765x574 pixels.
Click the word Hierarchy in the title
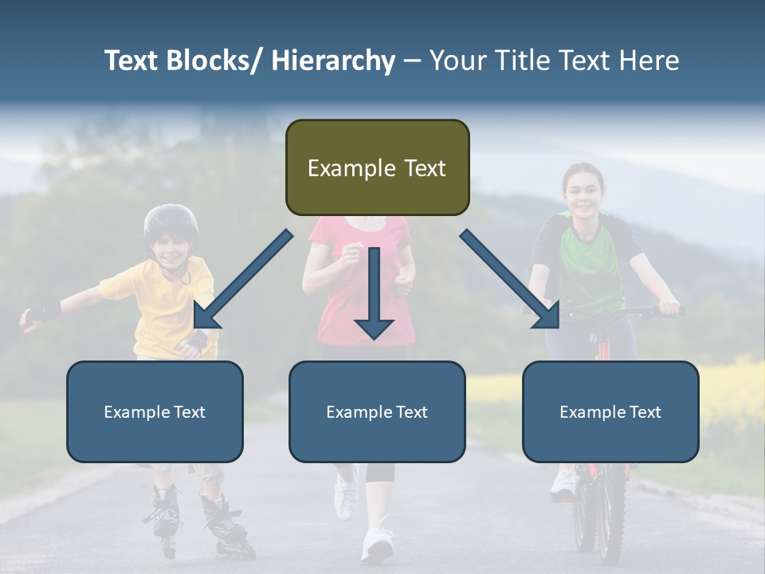click(x=333, y=61)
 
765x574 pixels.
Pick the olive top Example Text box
click(x=377, y=167)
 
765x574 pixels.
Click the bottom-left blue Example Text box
click(x=155, y=411)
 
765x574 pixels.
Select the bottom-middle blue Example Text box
click(x=377, y=411)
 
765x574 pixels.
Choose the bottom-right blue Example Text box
click(x=610, y=411)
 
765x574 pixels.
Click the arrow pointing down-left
click(x=242, y=279)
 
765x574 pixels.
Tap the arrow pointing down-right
click(x=510, y=279)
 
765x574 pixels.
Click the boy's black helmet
click(x=171, y=221)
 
